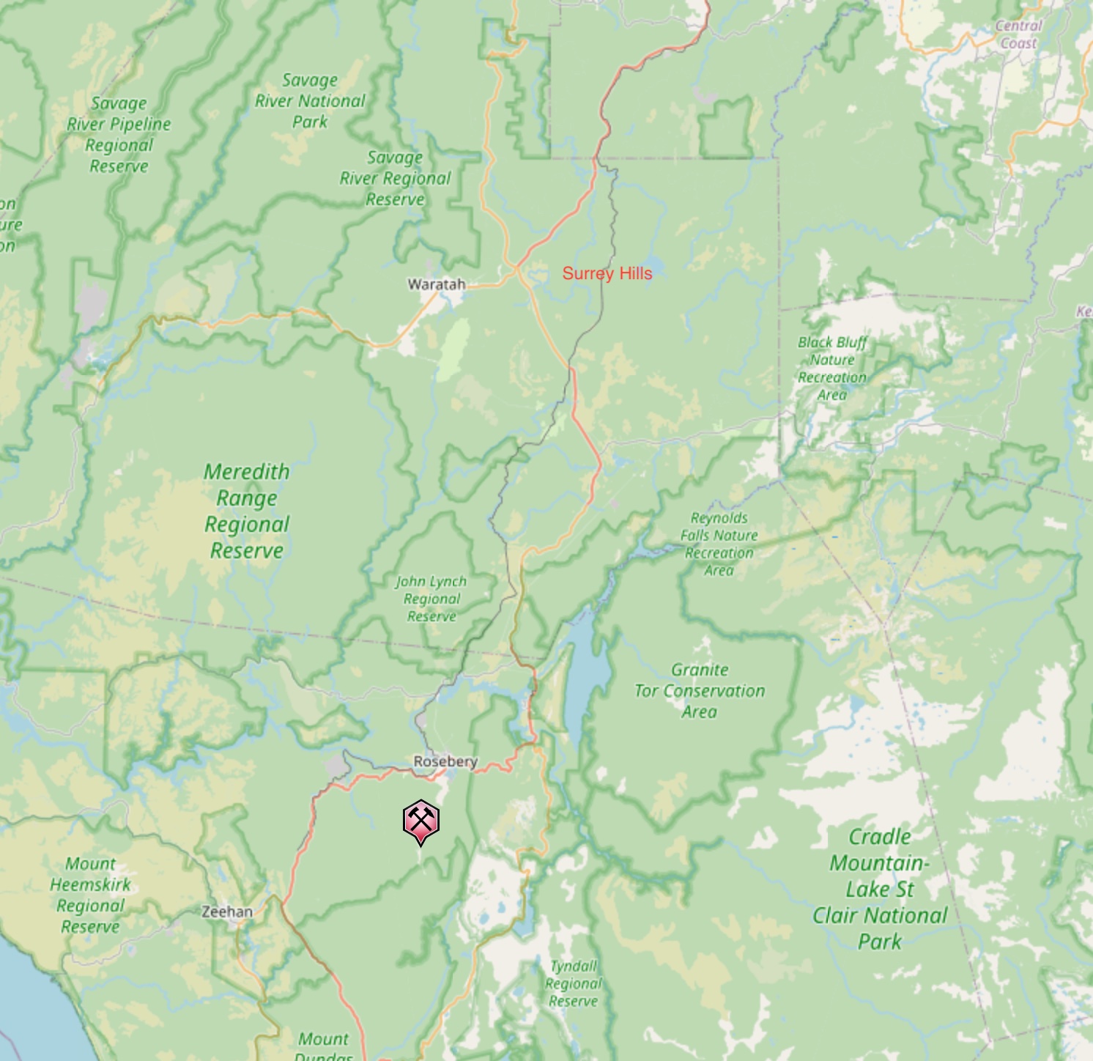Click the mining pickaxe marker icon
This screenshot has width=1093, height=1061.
tap(420, 821)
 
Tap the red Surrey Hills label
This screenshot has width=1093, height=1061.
tap(607, 273)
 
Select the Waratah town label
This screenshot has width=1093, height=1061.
tap(436, 284)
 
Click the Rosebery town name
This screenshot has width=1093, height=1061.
tap(445, 761)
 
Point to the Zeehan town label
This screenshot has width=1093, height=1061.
tap(227, 912)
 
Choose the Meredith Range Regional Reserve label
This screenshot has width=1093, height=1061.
tap(247, 511)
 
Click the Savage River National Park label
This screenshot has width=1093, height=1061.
tap(310, 101)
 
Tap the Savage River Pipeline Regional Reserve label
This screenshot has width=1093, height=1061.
tap(119, 135)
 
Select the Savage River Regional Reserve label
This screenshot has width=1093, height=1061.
tap(395, 178)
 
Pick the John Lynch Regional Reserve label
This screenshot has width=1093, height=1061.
tap(431, 599)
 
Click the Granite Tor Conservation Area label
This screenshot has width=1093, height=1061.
tap(700, 690)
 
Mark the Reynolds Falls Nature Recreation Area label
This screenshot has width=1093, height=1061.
tap(719, 544)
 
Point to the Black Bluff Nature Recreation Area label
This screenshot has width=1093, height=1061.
tap(832, 368)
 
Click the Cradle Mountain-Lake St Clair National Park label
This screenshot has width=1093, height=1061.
tap(880, 889)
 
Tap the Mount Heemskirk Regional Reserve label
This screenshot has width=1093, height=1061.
tap(90, 895)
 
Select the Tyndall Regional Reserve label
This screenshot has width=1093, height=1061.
tap(574, 983)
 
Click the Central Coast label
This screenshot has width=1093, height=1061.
tap(1018, 34)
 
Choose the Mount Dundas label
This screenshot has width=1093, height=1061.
tap(324, 1045)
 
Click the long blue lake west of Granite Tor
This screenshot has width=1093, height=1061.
tap(585, 674)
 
